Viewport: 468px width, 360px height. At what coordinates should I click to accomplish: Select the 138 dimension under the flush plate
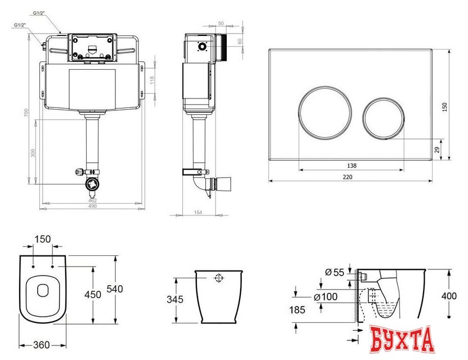(x=352, y=165)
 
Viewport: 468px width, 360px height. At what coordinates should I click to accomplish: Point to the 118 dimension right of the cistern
(x=151, y=80)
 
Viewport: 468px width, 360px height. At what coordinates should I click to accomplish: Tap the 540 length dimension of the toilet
(x=115, y=289)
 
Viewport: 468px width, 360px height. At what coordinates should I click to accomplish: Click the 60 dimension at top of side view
(x=240, y=40)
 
